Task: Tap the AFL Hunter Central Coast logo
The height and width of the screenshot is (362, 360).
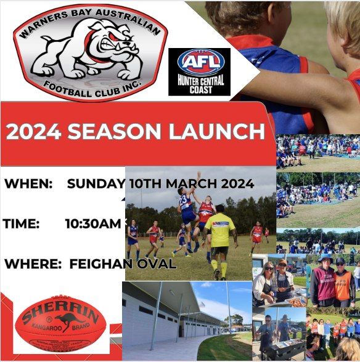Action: (x=199, y=71)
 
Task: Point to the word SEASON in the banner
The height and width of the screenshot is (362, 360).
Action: (x=117, y=131)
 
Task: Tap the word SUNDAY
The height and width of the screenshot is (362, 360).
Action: (x=96, y=183)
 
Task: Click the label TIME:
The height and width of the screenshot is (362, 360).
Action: (x=22, y=224)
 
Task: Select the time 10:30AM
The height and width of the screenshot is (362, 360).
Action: (x=93, y=224)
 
